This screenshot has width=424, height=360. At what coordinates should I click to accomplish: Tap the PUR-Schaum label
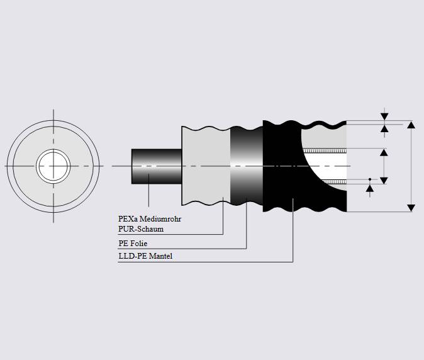click(141, 229)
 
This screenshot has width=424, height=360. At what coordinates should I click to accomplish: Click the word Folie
click(138, 243)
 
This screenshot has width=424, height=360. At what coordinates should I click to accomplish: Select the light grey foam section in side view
click(205, 166)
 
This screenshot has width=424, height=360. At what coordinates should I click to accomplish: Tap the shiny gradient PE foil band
click(246, 166)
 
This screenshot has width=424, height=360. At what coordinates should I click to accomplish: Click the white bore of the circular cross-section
click(53, 166)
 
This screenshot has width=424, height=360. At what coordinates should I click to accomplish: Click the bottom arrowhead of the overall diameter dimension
click(411, 207)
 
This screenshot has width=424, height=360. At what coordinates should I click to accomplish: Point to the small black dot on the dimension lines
click(370, 179)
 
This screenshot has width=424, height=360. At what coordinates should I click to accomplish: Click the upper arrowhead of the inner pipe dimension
click(384, 152)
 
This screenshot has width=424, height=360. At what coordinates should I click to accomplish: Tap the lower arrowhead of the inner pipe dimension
click(384, 180)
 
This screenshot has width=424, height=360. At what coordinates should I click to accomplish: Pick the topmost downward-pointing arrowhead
click(384, 116)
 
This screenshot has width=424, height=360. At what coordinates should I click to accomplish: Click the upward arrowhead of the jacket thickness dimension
click(384, 128)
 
